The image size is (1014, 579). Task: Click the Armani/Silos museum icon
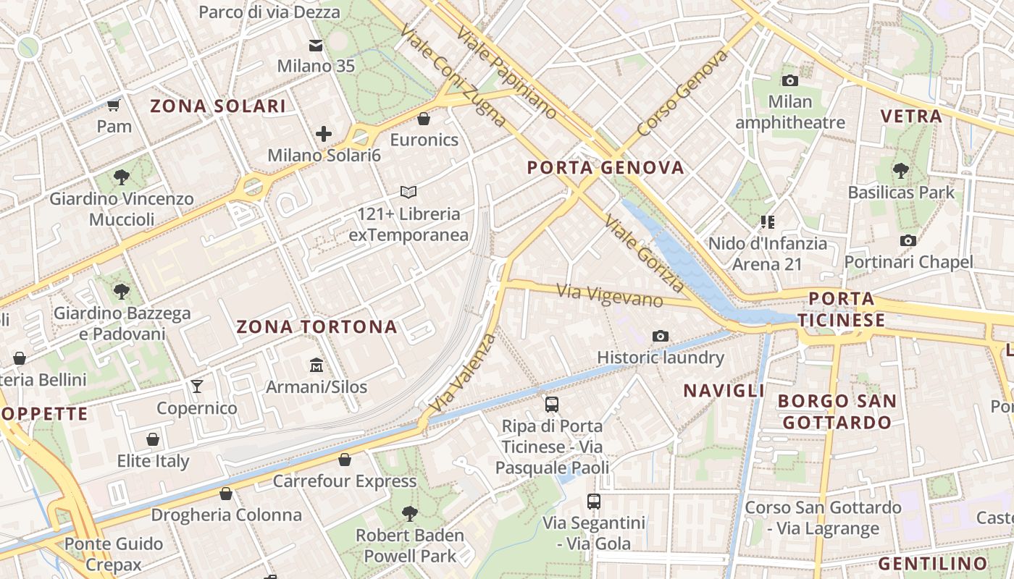(x=317, y=365)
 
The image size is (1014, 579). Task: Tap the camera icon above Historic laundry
(x=660, y=336)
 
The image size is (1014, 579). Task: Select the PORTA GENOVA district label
(x=606, y=168)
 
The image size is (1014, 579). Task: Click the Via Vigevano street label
(x=609, y=295)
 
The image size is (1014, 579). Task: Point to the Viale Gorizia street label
(x=645, y=253)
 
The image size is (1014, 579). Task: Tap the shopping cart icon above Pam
(x=113, y=106)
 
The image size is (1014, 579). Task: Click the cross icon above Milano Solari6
(x=324, y=134)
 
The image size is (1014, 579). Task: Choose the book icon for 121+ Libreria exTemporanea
(x=408, y=193)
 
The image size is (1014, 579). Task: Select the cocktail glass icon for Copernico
(x=196, y=386)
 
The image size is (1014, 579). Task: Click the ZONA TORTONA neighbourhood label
(x=317, y=327)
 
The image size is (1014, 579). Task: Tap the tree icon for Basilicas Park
(x=900, y=172)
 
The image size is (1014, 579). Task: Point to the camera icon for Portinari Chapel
(x=908, y=240)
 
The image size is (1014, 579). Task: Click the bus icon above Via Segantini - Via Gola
(x=594, y=501)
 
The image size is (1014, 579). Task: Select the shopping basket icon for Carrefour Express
(x=344, y=460)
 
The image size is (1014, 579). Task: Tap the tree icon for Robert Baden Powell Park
(x=410, y=514)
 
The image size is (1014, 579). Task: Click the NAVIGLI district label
(x=724, y=391)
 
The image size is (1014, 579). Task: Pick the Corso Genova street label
(x=682, y=93)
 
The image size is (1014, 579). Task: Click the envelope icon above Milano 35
(x=316, y=46)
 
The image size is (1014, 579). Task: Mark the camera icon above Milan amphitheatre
(x=790, y=80)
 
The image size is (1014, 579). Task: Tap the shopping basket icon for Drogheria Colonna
(x=226, y=494)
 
